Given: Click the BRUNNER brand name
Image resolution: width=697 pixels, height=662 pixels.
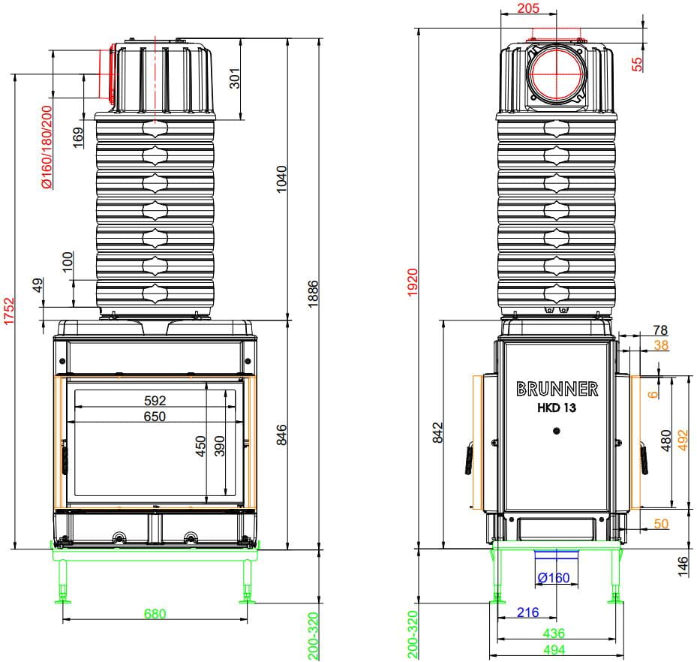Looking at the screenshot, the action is click(557, 389).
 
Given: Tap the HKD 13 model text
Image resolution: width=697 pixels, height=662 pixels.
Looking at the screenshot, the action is click(557, 408).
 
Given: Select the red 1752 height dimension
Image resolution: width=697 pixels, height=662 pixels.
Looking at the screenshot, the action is click(9, 311).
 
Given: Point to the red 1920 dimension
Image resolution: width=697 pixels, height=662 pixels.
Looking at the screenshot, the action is click(413, 282).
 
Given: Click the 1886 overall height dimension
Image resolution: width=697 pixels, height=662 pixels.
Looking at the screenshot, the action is click(313, 294).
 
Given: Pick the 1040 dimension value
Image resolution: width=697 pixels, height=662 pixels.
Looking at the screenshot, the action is click(282, 179).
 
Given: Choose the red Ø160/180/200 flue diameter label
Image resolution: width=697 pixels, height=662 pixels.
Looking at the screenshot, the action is click(47, 147).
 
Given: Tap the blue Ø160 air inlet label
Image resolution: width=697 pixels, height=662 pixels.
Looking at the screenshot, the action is click(554, 577).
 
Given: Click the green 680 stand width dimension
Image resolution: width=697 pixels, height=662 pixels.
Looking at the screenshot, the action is click(155, 613).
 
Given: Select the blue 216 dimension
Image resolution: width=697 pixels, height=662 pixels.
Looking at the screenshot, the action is click(527, 612).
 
